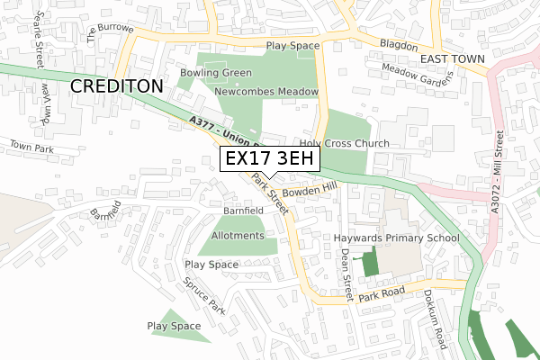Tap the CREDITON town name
[x=116, y=86]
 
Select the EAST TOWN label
[x=452, y=59]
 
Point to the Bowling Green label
[x=215, y=73]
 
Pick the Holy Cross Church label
[x=345, y=143]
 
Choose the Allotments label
[x=238, y=236]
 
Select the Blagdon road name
[x=398, y=45]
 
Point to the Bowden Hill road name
[x=308, y=190]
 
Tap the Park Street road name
[x=271, y=194]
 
